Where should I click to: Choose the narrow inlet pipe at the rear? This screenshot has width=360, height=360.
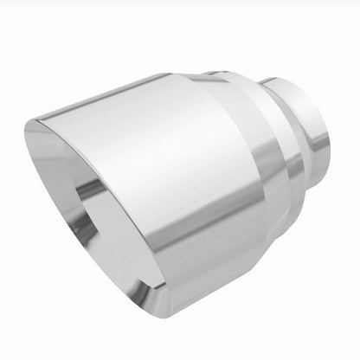[307, 130]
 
